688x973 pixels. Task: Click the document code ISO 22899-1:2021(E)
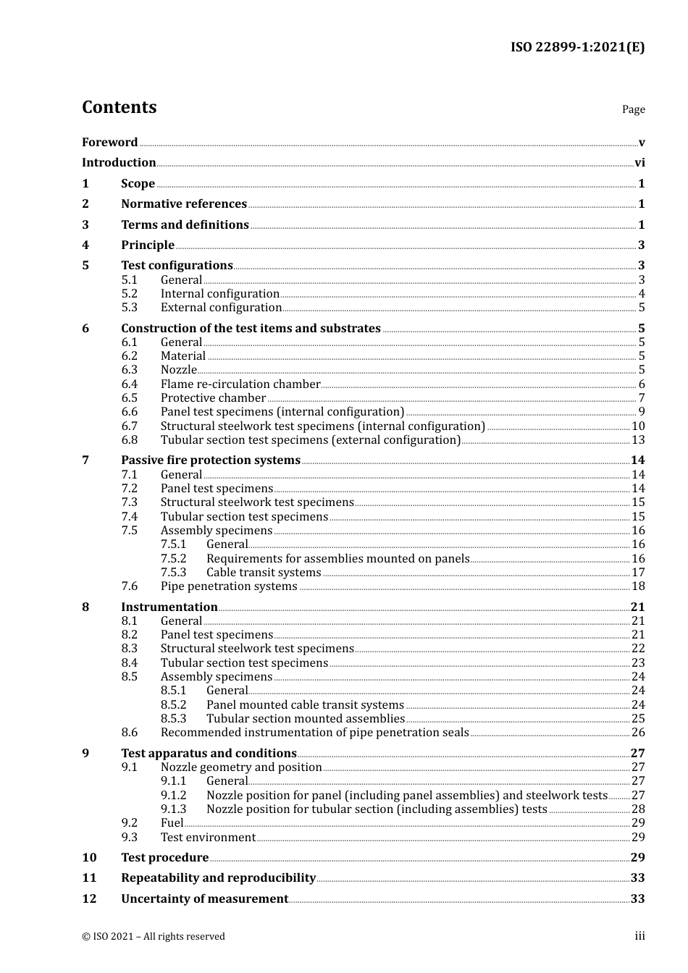click(x=577, y=47)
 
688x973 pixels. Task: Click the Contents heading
click(x=119, y=107)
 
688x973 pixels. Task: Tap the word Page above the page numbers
click(x=633, y=109)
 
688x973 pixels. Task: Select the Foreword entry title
click(x=109, y=143)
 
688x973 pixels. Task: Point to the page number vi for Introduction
click(x=639, y=163)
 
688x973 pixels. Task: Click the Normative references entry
click(x=184, y=204)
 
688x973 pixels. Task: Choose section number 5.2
click(x=129, y=294)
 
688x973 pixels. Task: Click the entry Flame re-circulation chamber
click(x=240, y=384)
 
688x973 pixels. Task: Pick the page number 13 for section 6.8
click(x=638, y=440)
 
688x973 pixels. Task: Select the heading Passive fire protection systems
click(x=211, y=460)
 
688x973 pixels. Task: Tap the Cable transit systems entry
click(x=264, y=573)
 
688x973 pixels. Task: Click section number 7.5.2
click(x=173, y=559)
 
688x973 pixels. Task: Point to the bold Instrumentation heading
click(x=169, y=607)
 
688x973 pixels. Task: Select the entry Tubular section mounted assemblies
click(x=305, y=719)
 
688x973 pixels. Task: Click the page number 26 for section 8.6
click(x=638, y=733)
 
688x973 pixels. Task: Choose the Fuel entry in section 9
click(x=172, y=823)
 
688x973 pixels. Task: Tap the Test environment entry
click(x=208, y=838)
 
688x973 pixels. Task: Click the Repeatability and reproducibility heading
click(x=218, y=878)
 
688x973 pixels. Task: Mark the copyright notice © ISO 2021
click(x=154, y=937)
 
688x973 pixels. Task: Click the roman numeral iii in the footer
click(x=639, y=936)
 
